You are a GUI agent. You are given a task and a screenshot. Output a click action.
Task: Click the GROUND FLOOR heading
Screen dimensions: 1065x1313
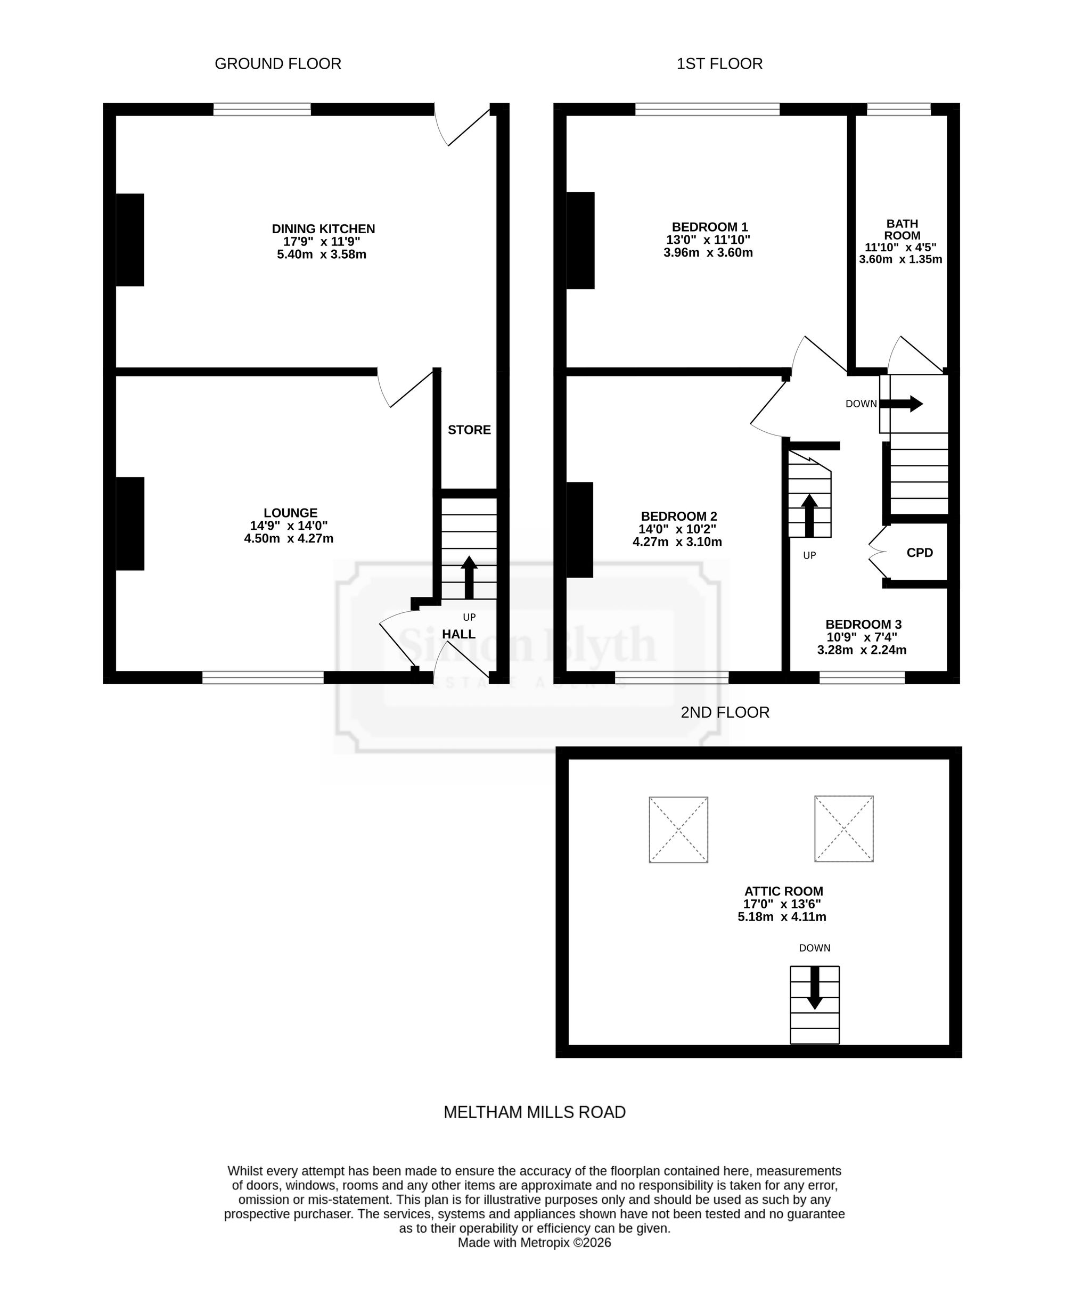coord(278,64)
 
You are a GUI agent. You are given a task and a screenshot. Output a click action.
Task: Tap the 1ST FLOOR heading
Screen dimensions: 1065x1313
coord(719,64)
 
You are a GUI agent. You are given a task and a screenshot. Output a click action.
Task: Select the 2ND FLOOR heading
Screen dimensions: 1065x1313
coord(725,712)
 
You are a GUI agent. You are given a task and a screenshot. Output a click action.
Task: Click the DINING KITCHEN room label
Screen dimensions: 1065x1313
coord(323,229)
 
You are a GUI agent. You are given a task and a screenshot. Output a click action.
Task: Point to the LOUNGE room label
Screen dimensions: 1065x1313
coord(291,513)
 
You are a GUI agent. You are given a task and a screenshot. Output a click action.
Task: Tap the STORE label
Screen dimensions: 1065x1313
coord(469,430)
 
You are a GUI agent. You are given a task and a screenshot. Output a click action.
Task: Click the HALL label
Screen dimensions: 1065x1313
coord(459,634)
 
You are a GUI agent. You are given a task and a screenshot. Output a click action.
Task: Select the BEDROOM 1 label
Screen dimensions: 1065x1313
coord(710,227)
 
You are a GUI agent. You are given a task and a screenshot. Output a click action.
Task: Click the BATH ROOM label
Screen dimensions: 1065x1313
coord(903,229)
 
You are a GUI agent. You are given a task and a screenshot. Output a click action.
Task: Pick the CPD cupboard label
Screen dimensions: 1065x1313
coord(920,553)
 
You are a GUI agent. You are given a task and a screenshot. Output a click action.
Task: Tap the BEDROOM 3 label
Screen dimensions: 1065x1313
coord(863,625)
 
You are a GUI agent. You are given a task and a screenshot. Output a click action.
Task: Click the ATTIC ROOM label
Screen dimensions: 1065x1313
coord(784,891)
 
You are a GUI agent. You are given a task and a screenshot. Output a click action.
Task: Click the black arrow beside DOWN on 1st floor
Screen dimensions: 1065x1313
coord(901,404)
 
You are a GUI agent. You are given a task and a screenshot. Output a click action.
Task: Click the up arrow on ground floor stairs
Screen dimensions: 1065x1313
coord(469,577)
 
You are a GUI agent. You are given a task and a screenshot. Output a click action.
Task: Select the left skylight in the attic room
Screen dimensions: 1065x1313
coord(678,830)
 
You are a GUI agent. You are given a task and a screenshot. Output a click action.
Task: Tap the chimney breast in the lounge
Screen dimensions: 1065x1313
coord(130,524)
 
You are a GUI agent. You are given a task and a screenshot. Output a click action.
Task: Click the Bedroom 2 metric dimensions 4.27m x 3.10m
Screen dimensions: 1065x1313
coord(677,542)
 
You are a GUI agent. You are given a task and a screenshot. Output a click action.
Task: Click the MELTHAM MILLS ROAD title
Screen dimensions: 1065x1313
coord(535,1112)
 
